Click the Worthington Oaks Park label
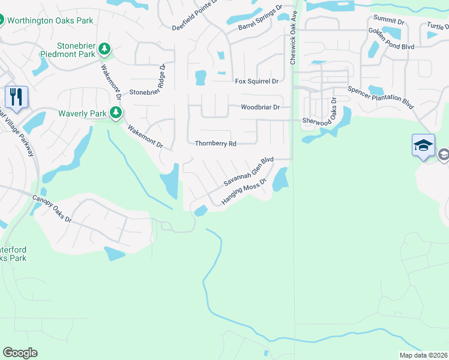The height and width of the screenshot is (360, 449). click(x=50, y=20)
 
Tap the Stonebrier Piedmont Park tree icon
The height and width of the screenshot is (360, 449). click(x=105, y=47)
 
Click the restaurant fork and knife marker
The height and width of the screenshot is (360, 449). click(x=16, y=96)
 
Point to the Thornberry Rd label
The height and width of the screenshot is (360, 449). click(x=216, y=144)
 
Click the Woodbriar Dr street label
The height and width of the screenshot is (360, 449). click(x=261, y=108)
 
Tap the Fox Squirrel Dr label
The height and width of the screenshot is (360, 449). click(x=257, y=81)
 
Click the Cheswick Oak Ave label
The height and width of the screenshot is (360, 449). click(x=294, y=37)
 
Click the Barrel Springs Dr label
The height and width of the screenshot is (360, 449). click(x=260, y=19)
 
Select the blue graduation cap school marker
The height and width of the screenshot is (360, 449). click(x=423, y=146)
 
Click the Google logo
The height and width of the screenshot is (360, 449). click(x=20, y=353)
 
